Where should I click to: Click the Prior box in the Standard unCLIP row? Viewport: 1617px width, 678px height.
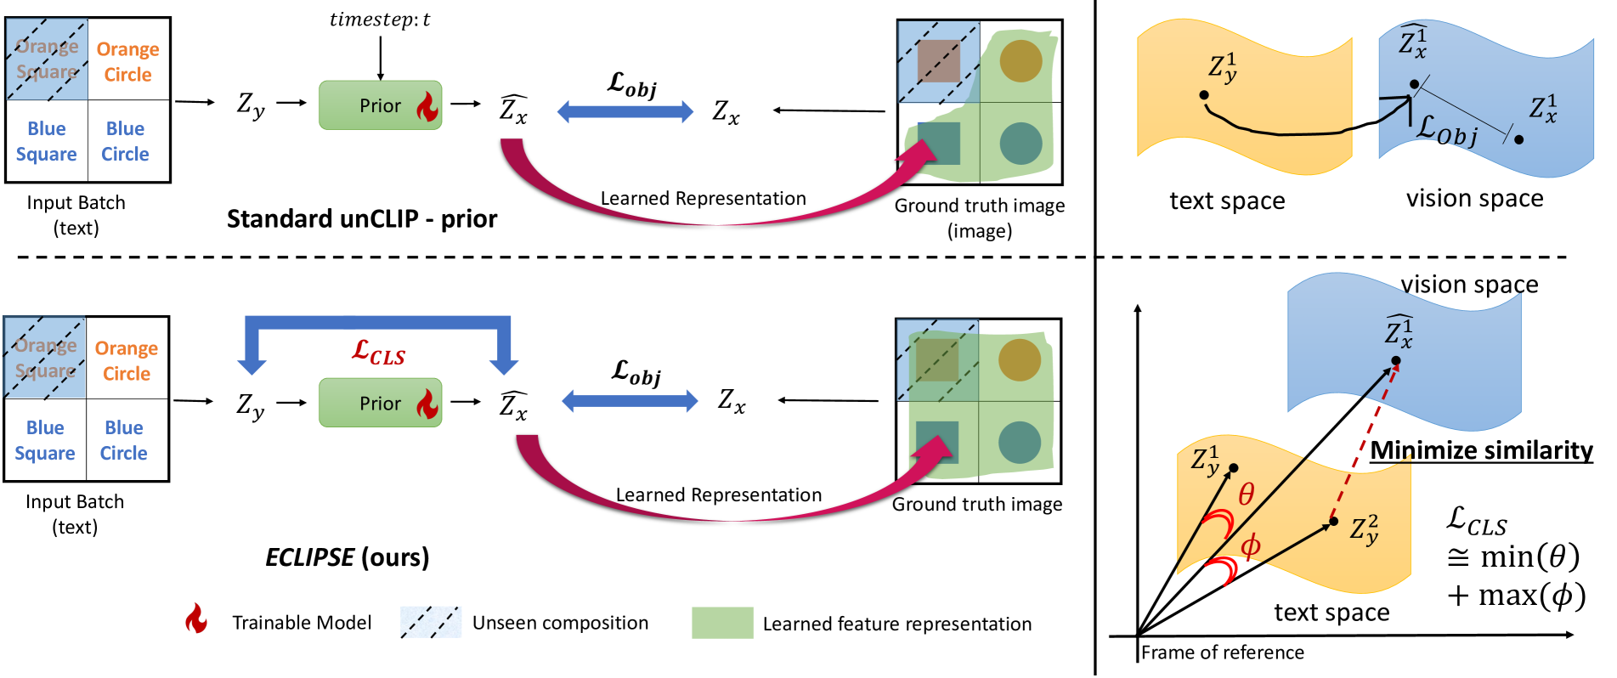point(380,105)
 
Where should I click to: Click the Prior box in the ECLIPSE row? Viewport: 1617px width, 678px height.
point(380,403)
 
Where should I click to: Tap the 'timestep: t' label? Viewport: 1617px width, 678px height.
point(380,20)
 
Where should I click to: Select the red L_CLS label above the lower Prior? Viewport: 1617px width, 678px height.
point(378,352)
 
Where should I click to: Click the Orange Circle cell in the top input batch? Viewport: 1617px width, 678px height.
point(127,61)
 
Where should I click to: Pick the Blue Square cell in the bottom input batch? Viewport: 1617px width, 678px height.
point(45,440)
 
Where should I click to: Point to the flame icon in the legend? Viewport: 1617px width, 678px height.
point(196,619)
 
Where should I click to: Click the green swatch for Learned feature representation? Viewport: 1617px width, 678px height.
point(722,623)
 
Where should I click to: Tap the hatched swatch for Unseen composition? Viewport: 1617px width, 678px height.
point(431,623)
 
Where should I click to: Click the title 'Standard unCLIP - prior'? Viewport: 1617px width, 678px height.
point(362,219)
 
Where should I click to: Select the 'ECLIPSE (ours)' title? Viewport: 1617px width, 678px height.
point(347,557)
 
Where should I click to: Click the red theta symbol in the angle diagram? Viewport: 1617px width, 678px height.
point(1246,494)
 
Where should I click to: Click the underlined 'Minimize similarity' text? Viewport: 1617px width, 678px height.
point(1481,450)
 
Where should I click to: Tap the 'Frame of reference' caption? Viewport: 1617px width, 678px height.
point(1222,653)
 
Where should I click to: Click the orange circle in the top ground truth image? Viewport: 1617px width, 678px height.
point(1021,61)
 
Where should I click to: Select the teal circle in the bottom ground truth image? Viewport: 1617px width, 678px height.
point(1020,443)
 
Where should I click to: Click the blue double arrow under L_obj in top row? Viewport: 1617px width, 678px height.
point(625,111)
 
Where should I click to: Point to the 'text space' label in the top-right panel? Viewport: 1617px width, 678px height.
point(1227,201)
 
